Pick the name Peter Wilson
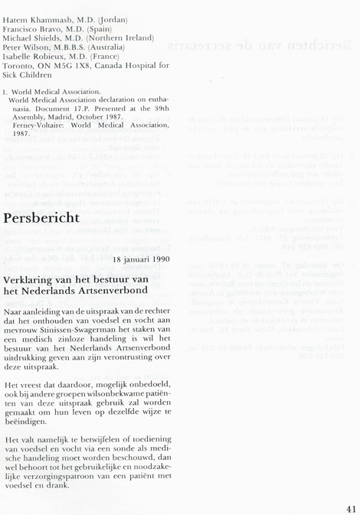[x=27, y=47]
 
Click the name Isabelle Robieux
[x=35, y=57]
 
